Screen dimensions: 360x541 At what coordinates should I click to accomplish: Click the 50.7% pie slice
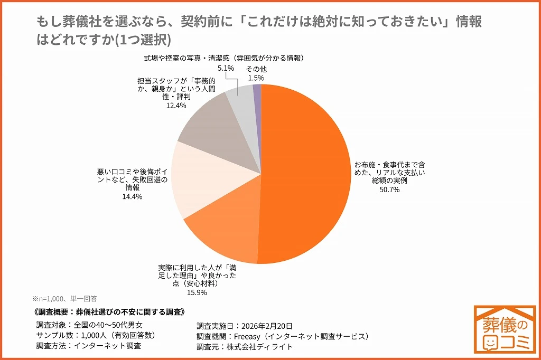click(306, 174)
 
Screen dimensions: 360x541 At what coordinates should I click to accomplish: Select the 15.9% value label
click(197, 292)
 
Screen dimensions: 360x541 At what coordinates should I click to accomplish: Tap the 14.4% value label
click(133, 196)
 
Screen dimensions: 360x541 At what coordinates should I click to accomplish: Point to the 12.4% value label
click(175, 106)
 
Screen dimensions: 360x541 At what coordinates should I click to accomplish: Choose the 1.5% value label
click(256, 78)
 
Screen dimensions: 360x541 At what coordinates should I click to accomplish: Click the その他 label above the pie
click(256, 69)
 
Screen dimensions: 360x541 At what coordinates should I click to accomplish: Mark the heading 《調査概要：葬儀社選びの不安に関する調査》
click(108, 312)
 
